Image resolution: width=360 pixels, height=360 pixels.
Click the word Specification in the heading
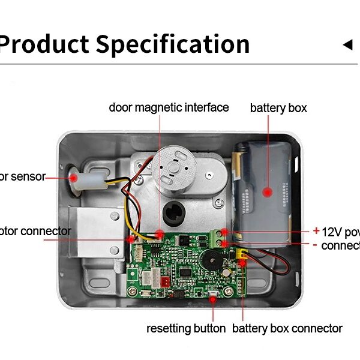pyautogui.click(x=173, y=44)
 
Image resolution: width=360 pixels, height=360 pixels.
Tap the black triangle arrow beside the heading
pyautogui.click(x=347, y=45)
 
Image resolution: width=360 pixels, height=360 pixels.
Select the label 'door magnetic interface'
pyautogui.click(x=169, y=107)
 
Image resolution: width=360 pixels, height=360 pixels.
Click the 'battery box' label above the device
pyautogui.click(x=278, y=108)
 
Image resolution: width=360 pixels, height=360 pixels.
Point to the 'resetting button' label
pyautogui.click(x=186, y=328)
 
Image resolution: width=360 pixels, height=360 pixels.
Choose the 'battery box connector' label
pyautogui.click(x=287, y=328)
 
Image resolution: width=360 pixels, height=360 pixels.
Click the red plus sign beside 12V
pyautogui.click(x=316, y=230)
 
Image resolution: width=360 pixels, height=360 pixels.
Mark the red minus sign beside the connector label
pyautogui.click(x=316, y=244)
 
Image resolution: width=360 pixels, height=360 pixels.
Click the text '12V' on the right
pyautogui.click(x=332, y=232)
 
